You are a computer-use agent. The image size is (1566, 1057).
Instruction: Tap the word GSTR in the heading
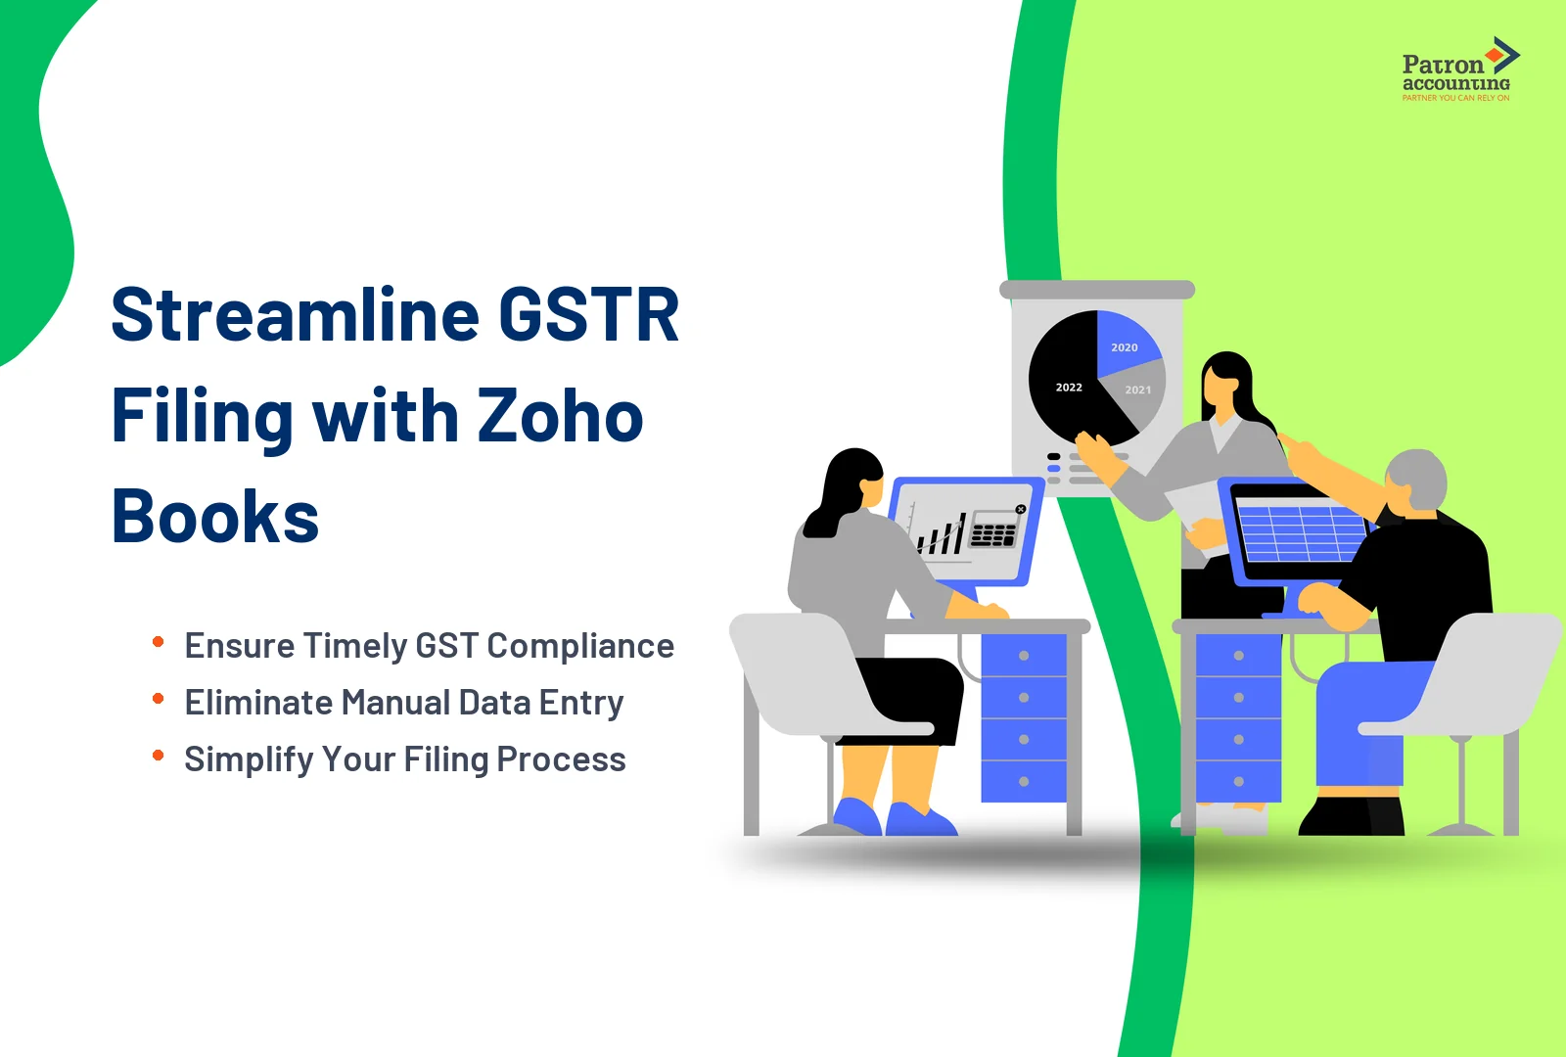(x=589, y=316)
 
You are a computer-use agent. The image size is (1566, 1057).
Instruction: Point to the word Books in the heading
(x=215, y=517)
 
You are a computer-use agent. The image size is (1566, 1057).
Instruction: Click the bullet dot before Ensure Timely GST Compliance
(x=158, y=642)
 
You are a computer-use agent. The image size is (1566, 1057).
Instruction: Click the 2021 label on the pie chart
(x=1138, y=390)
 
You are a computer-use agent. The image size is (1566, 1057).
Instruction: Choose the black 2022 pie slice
(x=1068, y=388)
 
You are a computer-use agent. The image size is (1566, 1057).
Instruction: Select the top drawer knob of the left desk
(x=1024, y=656)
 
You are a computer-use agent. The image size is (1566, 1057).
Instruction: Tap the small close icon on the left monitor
(x=1021, y=510)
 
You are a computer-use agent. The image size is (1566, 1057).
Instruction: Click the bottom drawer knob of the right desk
(x=1239, y=781)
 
